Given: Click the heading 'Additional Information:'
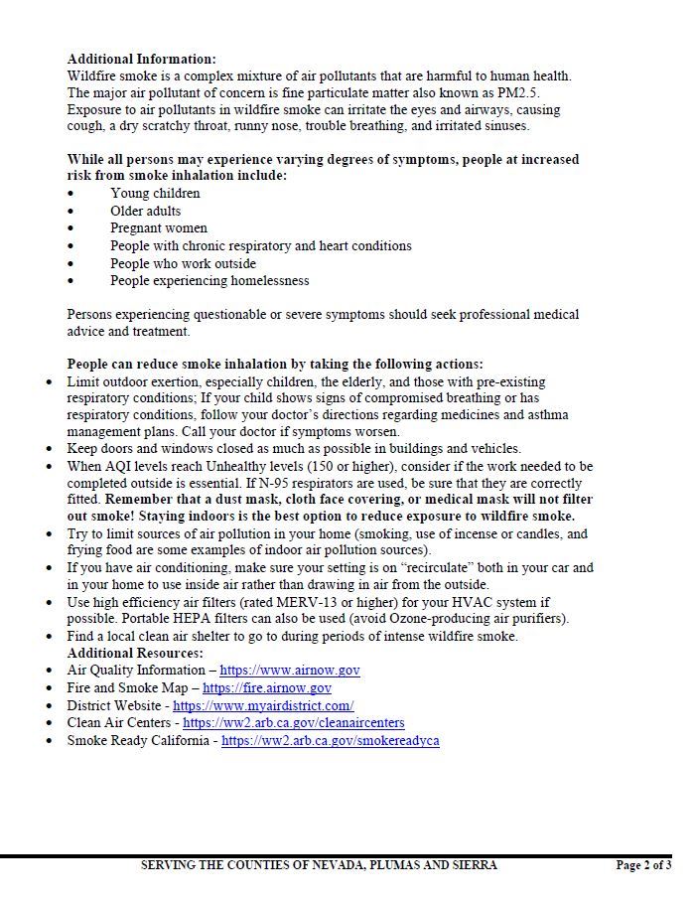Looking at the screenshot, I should coord(141,60).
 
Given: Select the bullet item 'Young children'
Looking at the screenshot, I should coord(155,194).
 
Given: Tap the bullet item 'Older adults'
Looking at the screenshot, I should coord(145,211).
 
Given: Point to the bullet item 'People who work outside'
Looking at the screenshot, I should coord(183,263).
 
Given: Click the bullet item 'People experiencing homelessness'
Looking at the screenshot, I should coord(209,281).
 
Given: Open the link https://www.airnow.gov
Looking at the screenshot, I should coord(289,671).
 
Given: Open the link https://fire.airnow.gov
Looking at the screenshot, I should coord(266,687).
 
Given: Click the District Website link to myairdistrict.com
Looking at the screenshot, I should coord(263,705).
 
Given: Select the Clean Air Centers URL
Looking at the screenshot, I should coord(293,723).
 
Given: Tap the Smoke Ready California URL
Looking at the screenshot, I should coord(330,741).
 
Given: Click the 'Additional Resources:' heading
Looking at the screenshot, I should coord(134,653).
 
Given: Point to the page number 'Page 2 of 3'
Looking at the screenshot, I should coord(642,865).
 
